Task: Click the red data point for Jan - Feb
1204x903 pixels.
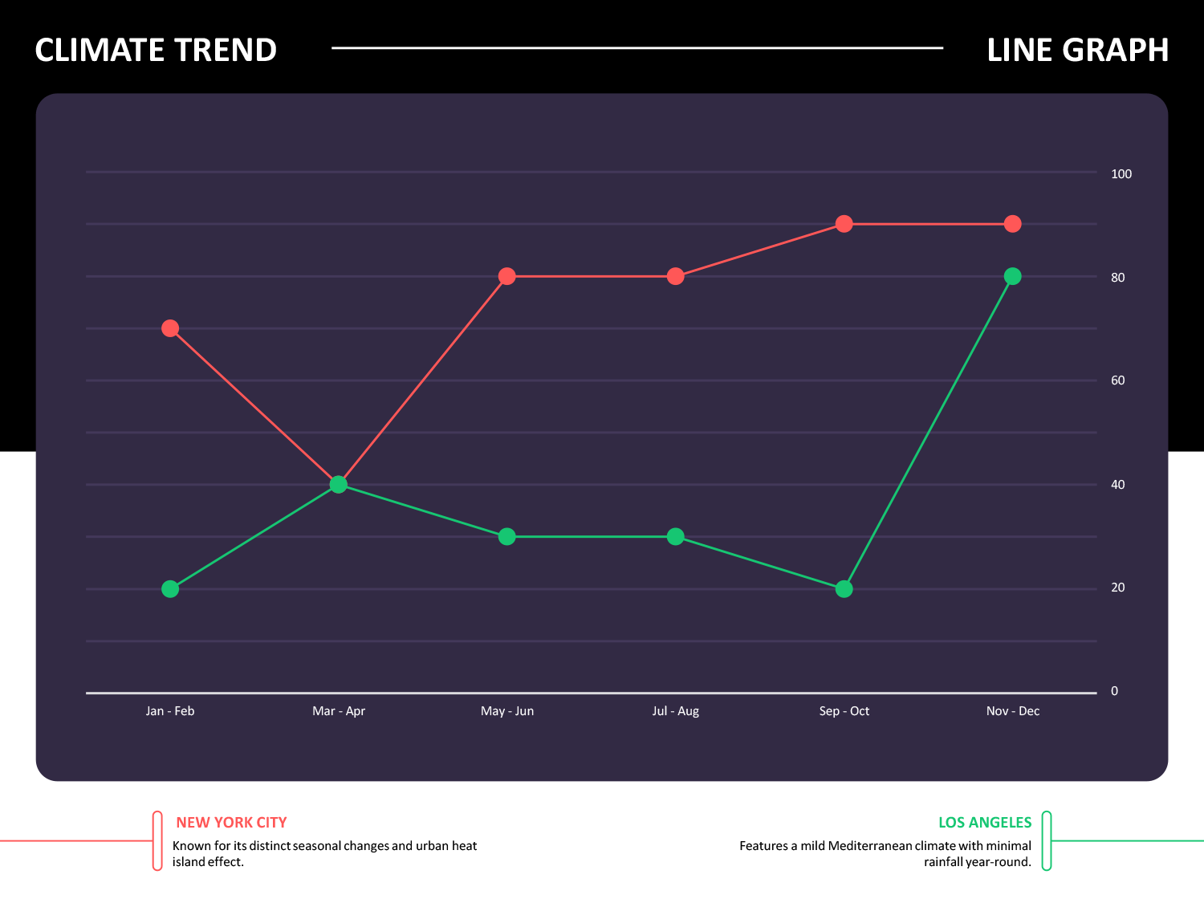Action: click(170, 328)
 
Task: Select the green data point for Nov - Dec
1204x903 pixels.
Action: click(1013, 276)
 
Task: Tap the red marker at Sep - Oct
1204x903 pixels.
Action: click(844, 224)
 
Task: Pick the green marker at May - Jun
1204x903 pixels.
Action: click(507, 536)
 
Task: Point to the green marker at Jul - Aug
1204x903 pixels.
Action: click(676, 536)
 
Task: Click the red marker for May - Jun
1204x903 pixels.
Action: click(507, 276)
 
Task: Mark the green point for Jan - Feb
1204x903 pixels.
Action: click(170, 588)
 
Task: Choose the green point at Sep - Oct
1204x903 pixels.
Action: click(844, 588)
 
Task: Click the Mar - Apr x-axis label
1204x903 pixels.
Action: click(339, 711)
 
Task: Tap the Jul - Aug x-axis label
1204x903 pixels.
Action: click(676, 711)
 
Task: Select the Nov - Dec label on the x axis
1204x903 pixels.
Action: click(1013, 711)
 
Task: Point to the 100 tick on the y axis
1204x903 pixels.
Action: click(1121, 174)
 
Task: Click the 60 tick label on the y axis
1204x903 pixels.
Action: click(1118, 380)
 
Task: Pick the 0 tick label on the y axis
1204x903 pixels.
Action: click(1114, 691)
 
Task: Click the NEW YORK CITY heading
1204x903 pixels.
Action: click(231, 823)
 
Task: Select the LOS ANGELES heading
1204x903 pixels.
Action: click(985, 823)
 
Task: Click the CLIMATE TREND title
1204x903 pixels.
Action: click(156, 50)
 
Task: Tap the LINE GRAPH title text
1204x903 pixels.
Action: click(1077, 50)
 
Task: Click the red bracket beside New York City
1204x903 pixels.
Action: click(157, 840)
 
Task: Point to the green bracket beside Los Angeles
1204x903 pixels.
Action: click(1047, 840)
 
